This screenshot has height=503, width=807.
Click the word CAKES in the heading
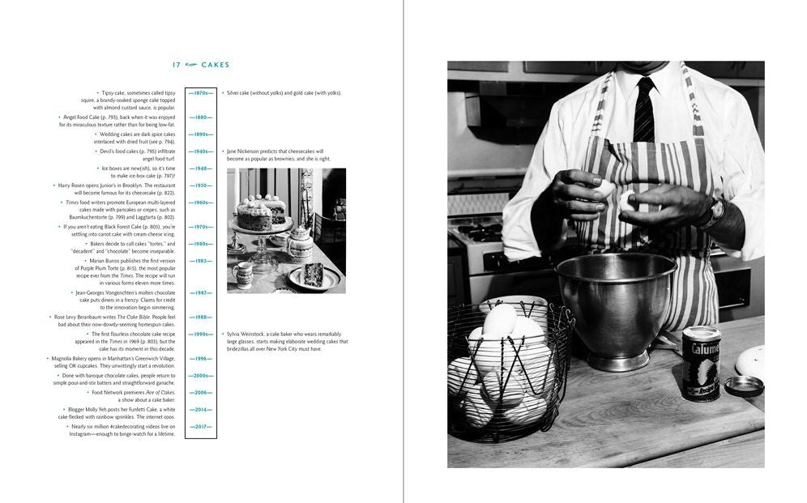(216, 66)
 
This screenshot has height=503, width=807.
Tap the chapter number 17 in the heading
(177, 66)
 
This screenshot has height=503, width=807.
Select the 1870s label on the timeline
(200, 93)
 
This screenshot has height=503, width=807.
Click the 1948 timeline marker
(200, 168)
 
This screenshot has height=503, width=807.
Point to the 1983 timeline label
(200, 261)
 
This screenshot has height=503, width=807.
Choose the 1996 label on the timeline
(200, 358)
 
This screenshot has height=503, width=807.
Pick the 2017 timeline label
(200, 426)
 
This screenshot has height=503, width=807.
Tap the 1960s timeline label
(200, 202)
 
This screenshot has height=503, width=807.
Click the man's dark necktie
(644, 110)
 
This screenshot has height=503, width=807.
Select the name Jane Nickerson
(246, 151)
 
